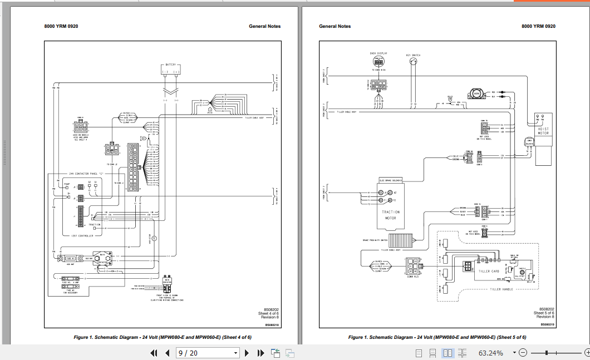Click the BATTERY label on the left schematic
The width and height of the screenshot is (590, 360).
tap(170, 65)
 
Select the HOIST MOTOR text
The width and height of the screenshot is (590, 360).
tap(543, 131)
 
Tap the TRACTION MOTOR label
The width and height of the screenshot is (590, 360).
tap(391, 214)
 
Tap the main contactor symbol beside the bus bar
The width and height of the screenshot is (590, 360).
tap(102, 259)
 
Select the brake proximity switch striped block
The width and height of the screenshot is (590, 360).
tap(399, 240)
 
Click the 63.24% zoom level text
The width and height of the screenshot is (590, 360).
tap(490, 353)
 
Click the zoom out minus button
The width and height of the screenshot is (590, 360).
tap(523, 353)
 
